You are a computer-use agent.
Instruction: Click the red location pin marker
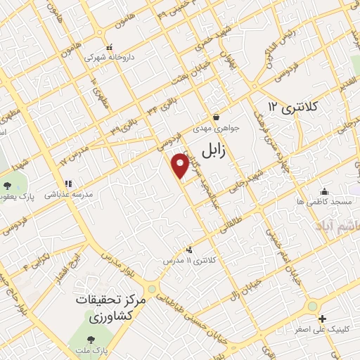click(181, 165)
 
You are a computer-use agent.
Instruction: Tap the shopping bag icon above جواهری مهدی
click(217, 118)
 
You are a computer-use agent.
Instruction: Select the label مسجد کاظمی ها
click(324, 202)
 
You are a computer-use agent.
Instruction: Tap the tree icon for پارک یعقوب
click(7, 185)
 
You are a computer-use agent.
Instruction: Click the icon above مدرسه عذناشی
click(67, 184)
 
